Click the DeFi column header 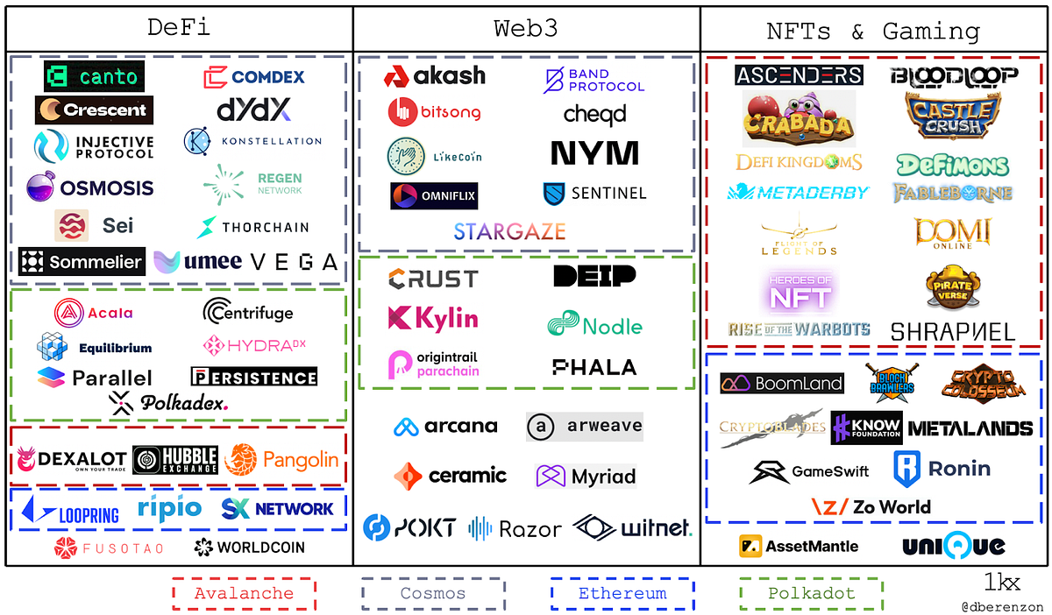point(180,29)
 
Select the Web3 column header point(526,29)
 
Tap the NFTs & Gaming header point(873,32)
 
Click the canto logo point(95,77)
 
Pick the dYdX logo point(253,110)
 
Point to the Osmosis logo point(89,187)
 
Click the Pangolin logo point(281,459)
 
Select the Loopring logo point(70,511)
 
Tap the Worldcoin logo point(250,548)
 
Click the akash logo point(434,76)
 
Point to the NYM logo point(594,153)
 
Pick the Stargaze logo point(509,231)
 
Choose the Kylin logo point(433,318)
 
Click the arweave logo point(585,427)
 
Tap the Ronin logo point(942,469)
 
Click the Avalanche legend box point(244,593)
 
